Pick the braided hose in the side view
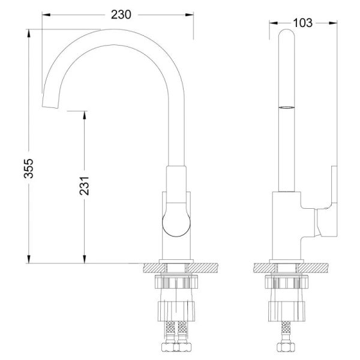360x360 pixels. [287, 333]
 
